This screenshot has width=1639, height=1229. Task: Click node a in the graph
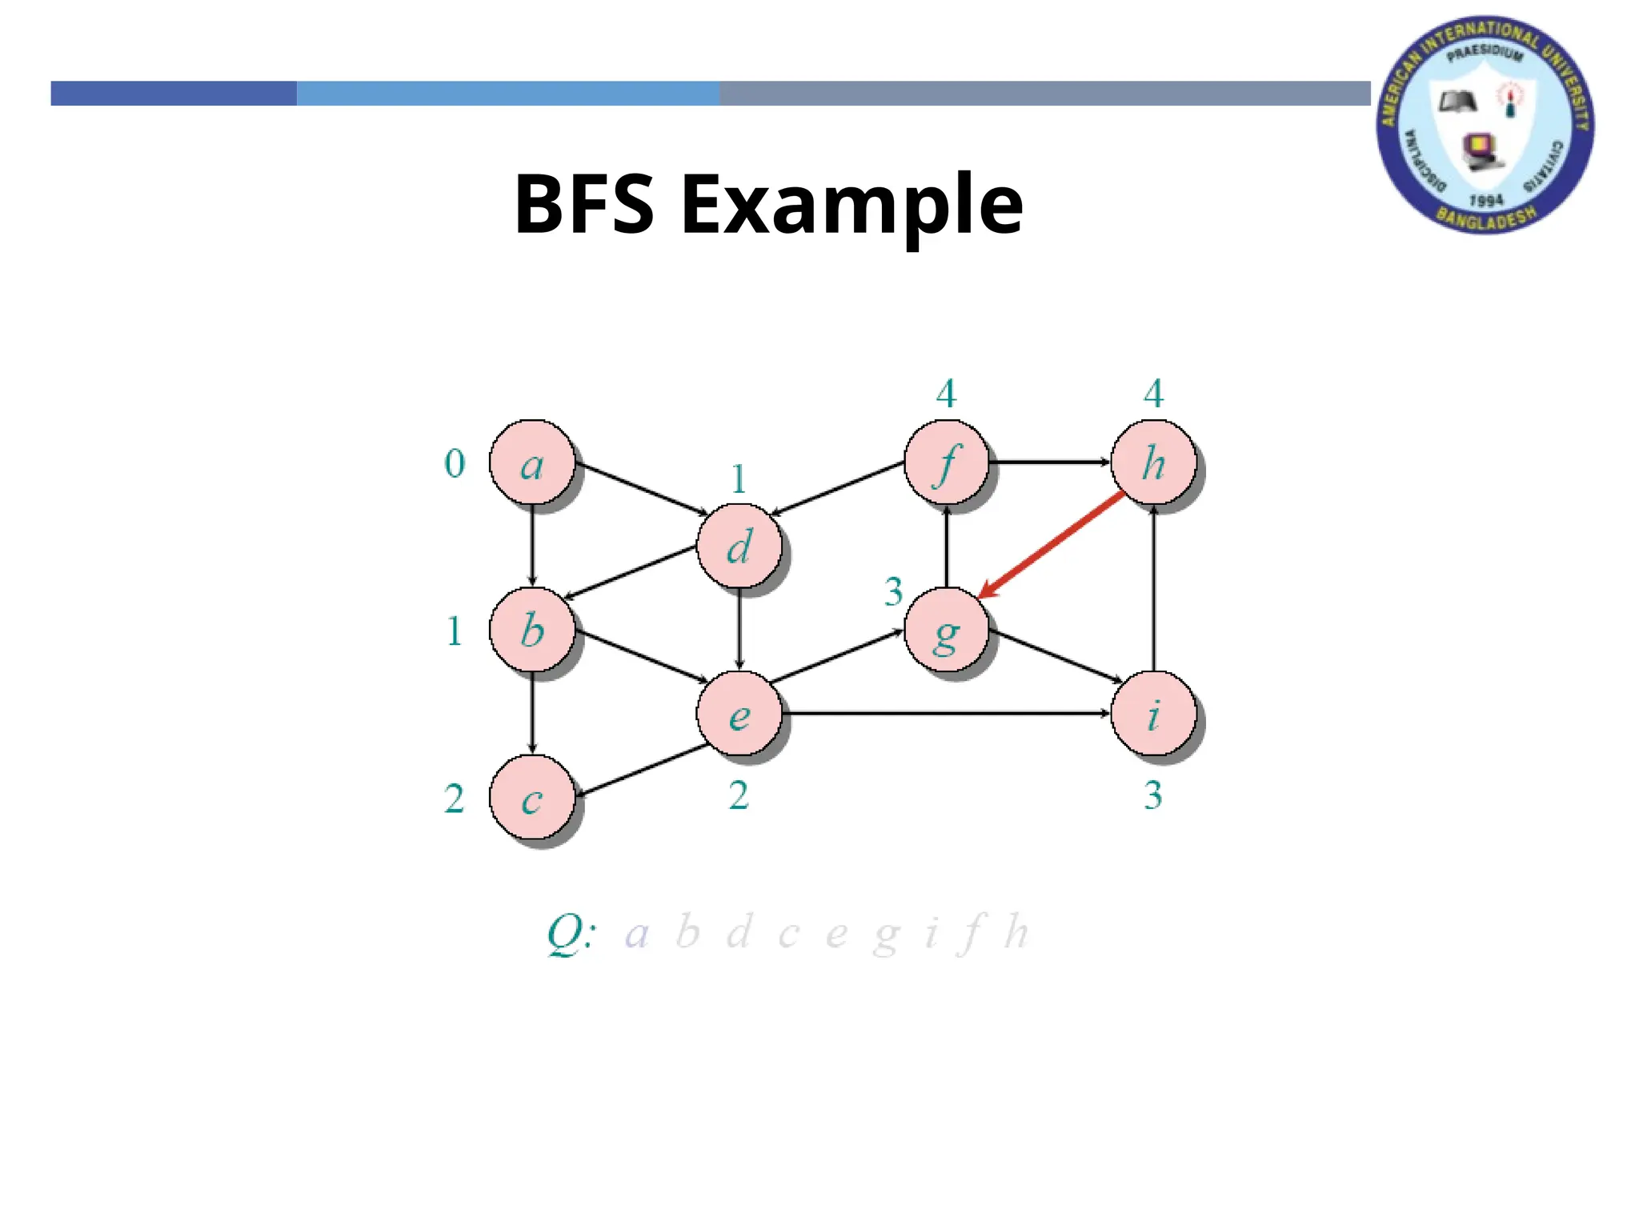tap(532, 462)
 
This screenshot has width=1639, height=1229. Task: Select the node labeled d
tap(739, 547)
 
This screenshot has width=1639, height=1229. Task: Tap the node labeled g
tap(947, 632)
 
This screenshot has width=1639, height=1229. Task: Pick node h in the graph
tap(1153, 462)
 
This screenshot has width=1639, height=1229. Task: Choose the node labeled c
tap(532, 799)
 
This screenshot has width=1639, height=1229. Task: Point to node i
tap(1153, 714)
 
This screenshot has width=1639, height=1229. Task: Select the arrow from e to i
tap(944, 712)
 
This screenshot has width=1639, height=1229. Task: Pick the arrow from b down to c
tap(532, 712)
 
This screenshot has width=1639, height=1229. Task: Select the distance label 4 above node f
tap(946, 394)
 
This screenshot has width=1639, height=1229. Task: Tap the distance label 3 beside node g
tap(893, 592)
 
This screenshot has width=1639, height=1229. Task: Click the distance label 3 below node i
tap(1152, 795)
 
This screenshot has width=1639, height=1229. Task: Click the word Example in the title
tap(852, 205)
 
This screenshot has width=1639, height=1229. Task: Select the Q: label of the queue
tap(571, 934)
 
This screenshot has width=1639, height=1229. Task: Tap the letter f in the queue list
tap(972, 934)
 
